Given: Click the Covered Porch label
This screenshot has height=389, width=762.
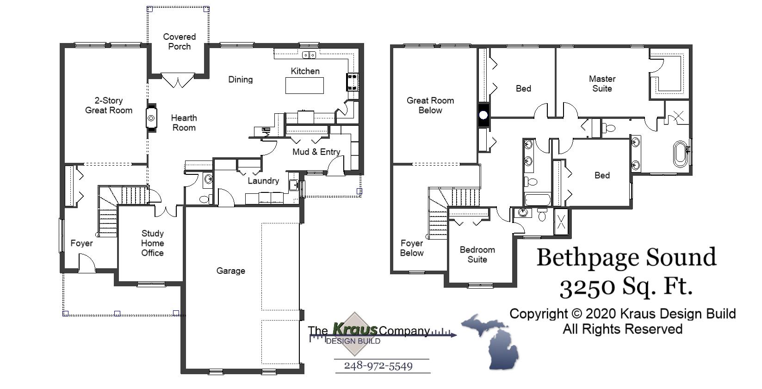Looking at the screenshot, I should click(x=180, y=42).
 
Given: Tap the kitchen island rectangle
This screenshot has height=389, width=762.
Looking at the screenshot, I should click(x=304, y=86).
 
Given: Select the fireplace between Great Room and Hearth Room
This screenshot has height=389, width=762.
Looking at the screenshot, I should click(x=151, y=118).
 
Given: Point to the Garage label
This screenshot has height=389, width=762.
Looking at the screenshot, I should click(x=230, y=271).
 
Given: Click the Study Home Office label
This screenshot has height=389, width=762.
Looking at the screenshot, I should click(x=152, y=243).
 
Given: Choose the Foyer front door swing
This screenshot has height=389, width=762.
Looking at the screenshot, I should click(x=87, y=264).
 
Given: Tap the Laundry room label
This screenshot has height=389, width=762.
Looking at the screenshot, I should click(x=263, y=181).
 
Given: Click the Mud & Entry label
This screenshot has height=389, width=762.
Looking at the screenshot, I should click(x=316, y=152).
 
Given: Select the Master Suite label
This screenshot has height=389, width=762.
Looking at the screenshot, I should click(x=602, y=84).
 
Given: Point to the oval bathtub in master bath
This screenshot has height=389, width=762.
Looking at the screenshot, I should click(x=680, y=154).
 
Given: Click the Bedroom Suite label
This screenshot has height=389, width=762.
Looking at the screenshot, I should click(x=477, y=254).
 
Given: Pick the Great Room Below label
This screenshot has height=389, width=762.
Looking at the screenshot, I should click(x=430, y=105).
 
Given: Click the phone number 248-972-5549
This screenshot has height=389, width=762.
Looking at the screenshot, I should click(x=378, y=366).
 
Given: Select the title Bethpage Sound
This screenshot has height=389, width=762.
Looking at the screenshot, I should click(x=626, y=257).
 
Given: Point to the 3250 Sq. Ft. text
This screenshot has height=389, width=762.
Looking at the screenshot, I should click(x=626, y=287).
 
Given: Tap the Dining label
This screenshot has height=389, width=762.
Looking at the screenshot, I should click(x=241, y=80).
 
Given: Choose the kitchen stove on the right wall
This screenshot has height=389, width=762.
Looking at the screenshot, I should click(x=353, y=82).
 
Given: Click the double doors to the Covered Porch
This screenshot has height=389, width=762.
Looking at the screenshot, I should click(x=178, y=80).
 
